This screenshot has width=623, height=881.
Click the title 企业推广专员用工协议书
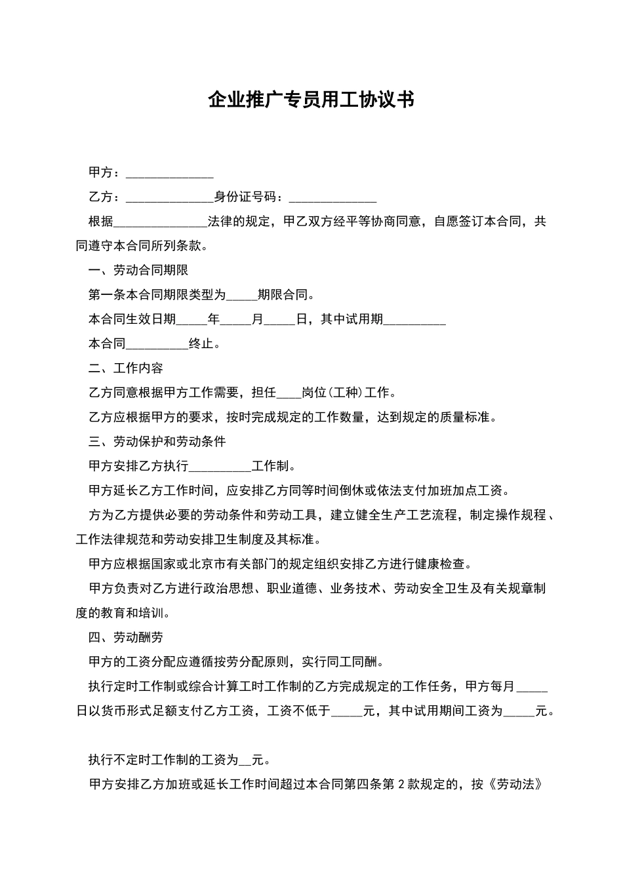tap(311, 100)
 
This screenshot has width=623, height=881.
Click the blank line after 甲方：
tap(169, 174)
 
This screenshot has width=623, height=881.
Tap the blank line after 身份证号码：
tap(332, 199)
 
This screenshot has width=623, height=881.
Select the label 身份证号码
tap(247, 197)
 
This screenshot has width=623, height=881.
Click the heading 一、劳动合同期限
tap(138, 270)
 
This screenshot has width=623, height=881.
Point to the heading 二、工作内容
tap(126, 368)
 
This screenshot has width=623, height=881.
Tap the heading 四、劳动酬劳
tap(126, 637)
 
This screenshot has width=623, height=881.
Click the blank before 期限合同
tap(241, 296)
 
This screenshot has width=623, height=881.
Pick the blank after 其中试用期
tap(414, 321)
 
